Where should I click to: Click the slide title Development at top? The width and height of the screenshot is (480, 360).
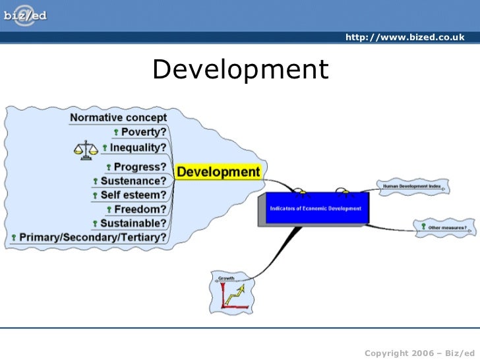pos(240,69)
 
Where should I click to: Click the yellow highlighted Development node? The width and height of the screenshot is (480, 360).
pos(218,172)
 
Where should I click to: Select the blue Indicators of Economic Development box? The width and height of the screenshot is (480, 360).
pos(315,209)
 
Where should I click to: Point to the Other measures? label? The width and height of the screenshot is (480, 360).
pos(447,227)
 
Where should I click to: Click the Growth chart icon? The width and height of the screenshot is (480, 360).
pos(231,295)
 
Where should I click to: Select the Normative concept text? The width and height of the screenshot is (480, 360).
pos(118,118)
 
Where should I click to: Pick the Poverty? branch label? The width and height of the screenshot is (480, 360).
pos(144,133)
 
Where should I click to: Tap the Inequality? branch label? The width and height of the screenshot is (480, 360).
pos(138,148)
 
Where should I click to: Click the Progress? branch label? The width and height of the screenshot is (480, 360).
pos(140,167)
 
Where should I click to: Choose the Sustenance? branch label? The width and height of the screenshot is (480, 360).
pos(133,181)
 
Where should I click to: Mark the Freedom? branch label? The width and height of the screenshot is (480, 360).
pos(140,209)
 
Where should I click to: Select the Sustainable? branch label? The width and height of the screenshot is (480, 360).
pos(133,223)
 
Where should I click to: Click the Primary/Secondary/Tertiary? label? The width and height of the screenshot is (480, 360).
pos(93,237)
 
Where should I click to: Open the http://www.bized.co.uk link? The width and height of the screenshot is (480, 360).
pos(405,37)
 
